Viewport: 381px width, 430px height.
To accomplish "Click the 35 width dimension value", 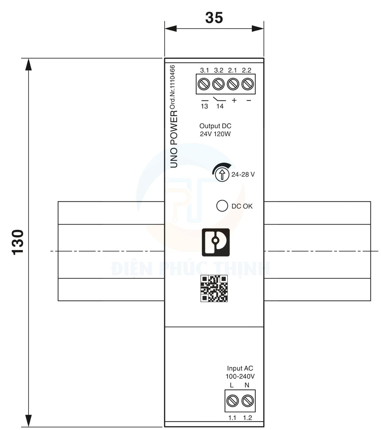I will coord(214,18).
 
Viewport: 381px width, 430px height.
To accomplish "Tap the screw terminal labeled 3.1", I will coord(204,84).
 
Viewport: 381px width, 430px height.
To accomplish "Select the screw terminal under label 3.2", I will coord(219,84).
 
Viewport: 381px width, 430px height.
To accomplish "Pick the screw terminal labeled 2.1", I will coord(233,84).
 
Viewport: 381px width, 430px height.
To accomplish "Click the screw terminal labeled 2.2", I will coord(247,84).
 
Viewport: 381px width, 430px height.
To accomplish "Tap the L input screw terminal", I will coord(232,401).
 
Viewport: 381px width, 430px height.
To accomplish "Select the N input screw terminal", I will coord(247,401).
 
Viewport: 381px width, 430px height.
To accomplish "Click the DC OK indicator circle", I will coord(222,206).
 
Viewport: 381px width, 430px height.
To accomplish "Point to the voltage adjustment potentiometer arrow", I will coord(222,174).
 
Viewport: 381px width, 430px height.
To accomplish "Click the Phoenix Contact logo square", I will coord(216,242).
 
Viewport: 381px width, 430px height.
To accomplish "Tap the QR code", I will coord(214,288).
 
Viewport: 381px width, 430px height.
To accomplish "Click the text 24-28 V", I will coord(243,175).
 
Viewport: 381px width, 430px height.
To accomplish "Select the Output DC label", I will coord(215,126).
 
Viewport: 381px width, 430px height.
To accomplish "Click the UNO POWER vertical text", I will coord(174,139).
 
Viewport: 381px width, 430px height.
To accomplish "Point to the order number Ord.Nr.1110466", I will coord(172,87).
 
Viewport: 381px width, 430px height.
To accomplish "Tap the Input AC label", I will coord(240,368).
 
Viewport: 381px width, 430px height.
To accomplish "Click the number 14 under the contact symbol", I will coord(220,106).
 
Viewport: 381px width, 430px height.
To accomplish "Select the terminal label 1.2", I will coord(247,418).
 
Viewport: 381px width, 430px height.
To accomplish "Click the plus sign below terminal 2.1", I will coord(234,100).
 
